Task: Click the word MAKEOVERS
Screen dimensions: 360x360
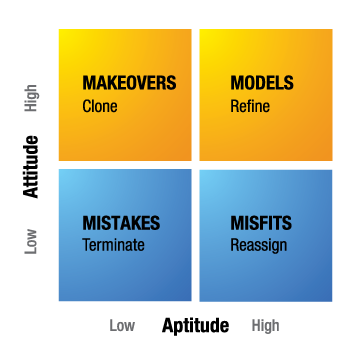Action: [x=129, y=83]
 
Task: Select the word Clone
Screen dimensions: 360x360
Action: [x=100, y=105]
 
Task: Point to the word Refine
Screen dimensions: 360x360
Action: [x=249, y=105]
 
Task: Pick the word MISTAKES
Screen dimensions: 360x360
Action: [x=121, y=222]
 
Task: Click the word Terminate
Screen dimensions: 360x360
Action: [x=113, y=244]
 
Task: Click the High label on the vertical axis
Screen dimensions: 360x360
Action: [x=32, y=97]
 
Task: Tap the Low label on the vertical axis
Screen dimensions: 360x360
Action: [x=32, y=240]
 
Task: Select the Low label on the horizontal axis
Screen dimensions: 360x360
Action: [x=122, y=326]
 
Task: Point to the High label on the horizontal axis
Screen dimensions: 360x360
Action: [x=265, y=326]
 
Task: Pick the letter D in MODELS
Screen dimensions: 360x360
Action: [x=259, y=83]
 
